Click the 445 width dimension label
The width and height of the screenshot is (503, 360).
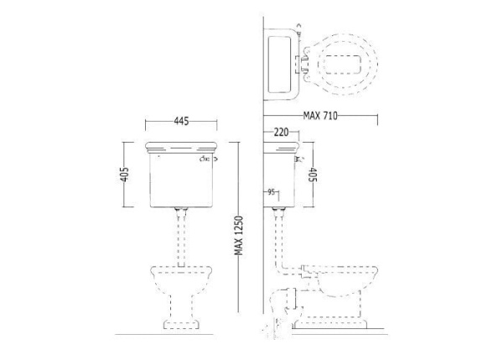pyautogui.click(x=181, y=121)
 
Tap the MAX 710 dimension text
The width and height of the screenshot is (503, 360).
pyautogui.click(x=320, y=116)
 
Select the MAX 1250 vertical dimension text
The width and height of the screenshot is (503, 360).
pyautogui.click(x=239, y=236)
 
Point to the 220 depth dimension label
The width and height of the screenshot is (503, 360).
pyautogui.click(x=281, y=132)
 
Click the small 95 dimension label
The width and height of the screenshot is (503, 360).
pyautogui.click(x=271, y=192)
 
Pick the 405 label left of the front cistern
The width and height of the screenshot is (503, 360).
pyautogui.click(x=124, y=175)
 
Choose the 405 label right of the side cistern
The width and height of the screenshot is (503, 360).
pyautogui.click(x=312, y=175)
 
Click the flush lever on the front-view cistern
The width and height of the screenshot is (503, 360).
pyautogui.click(x=208, y=159)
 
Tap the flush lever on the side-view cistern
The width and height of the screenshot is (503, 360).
pyautogui.click(x=298, y=159)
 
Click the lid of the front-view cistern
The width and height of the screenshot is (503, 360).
pyautogui.click(x=181, y=148)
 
